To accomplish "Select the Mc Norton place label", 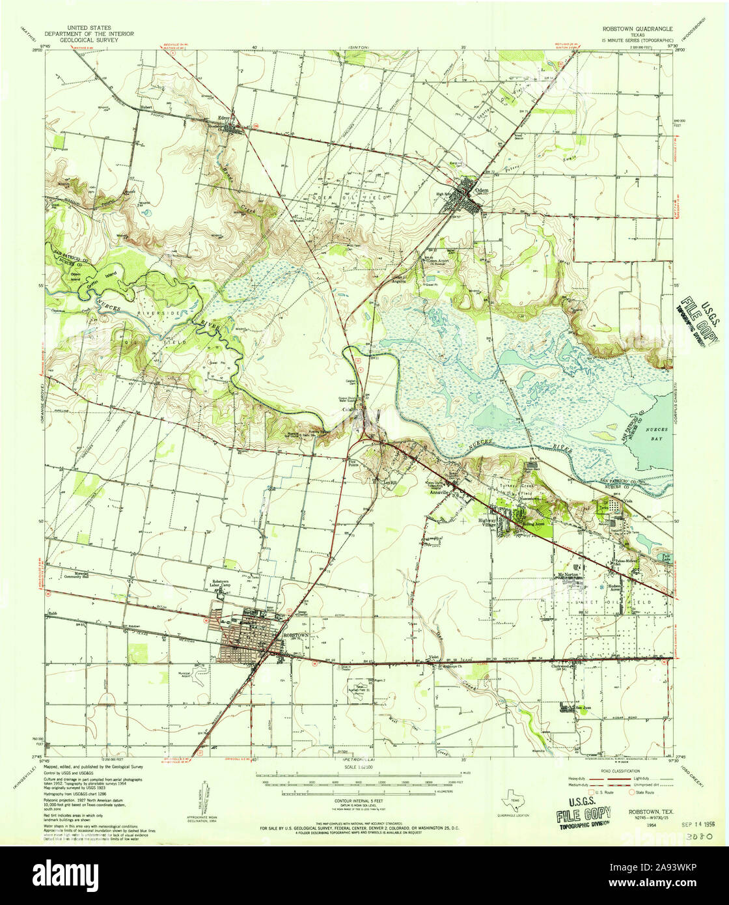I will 568,574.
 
